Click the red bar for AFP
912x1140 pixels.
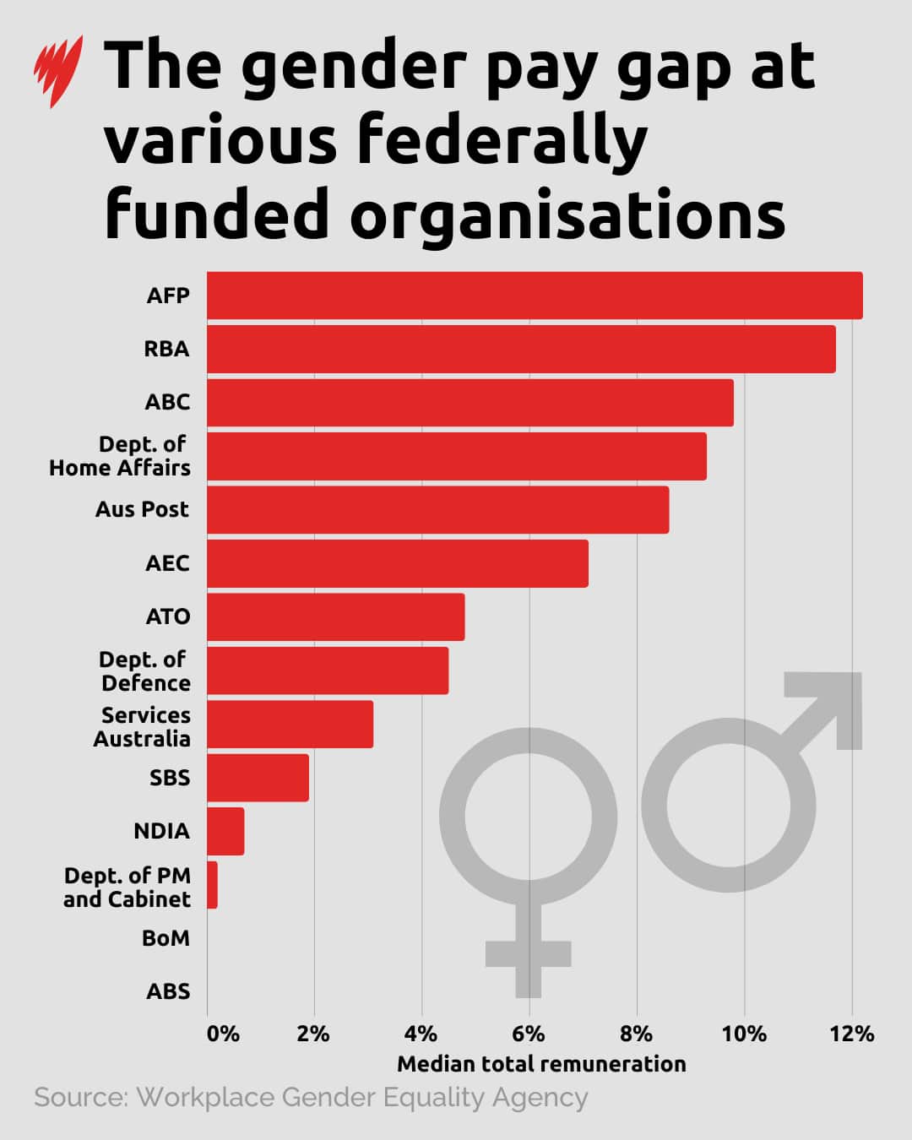(534, 296)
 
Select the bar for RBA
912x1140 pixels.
(520, 349)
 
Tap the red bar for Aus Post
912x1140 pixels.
(437, 509)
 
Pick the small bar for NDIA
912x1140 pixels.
(225, 831)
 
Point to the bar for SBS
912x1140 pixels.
(258, 778)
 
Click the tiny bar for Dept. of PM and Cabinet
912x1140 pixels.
(212, 885)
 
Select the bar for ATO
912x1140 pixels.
(335, 616)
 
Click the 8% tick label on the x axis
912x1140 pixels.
(636, 1034)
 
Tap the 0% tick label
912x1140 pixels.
(223, 1034)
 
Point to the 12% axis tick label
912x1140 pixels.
(851, 1034)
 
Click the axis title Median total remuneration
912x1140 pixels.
(541, 1064)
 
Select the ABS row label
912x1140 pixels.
(168, 991)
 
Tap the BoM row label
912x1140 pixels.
(166, 938)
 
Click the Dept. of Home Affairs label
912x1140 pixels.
(120, 456)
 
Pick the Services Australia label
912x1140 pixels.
(142, 727)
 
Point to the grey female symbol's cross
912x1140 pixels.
(529, 953)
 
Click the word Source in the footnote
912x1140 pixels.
(80, 1098)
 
